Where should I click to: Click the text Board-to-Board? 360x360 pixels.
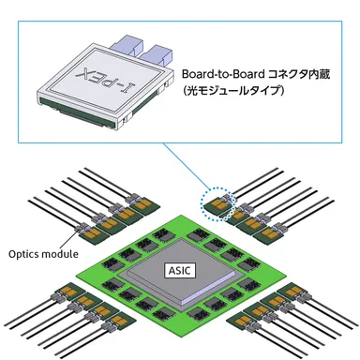(x=221, y=73)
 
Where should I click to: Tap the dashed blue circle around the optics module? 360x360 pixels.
(x=217, y=201)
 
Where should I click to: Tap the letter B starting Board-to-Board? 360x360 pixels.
(x=186, y=73)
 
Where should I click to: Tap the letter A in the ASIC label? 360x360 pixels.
(x=170, y=271)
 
